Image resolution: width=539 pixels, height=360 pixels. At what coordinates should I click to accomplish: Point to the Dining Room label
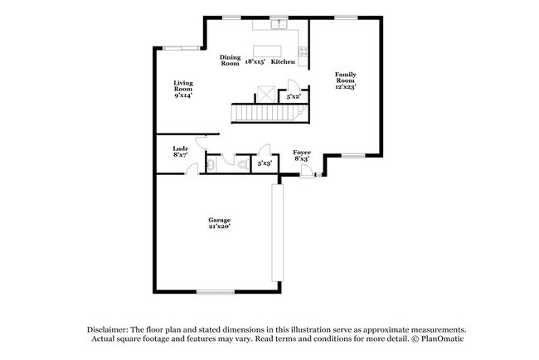[230, 61]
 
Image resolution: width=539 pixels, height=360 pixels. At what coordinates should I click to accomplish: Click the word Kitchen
[283, 62]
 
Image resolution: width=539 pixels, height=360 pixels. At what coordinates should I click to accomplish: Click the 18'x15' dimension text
[255, 62]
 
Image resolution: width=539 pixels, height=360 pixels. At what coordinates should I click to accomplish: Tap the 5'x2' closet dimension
[294, 97]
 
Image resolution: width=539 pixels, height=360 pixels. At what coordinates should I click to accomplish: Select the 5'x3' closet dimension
[265, 163]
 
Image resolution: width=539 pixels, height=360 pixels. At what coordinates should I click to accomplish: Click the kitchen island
[267, 51]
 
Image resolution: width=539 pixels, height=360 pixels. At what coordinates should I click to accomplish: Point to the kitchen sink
[279, 25]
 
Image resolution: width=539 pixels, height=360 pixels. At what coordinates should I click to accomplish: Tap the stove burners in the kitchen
[303, 51]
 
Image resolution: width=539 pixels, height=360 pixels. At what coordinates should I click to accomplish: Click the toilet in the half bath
[243, 164]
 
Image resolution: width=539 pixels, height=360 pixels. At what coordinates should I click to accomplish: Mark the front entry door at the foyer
[306, 172]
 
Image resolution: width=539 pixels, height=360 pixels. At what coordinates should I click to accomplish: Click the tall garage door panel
[278, 233]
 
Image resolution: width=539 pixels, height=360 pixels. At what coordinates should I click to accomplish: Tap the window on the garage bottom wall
[216, 292]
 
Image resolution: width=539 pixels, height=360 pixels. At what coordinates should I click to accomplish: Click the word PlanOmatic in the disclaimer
[442, 338]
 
